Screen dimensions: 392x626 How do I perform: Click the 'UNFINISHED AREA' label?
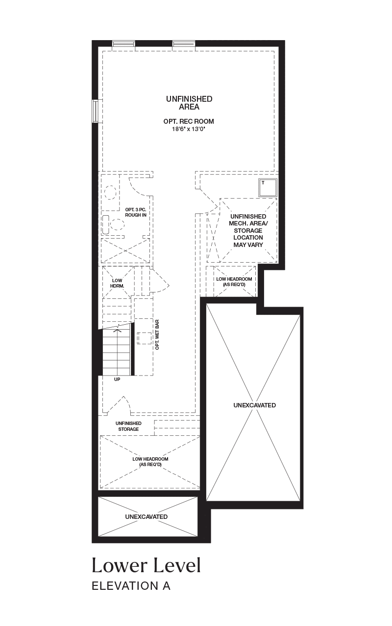[189, 103]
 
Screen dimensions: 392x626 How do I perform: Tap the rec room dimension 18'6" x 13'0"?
[189, 129]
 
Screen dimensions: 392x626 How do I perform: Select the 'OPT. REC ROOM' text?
[189, 121]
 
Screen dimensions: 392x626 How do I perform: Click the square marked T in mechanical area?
[268, 187]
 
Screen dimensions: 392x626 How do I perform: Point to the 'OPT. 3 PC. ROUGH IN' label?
[136, 212]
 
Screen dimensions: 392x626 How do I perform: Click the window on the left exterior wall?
[97, 111]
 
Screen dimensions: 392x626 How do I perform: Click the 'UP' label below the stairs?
[117, 379]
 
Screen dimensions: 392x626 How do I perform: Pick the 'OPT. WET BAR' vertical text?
[157, 335]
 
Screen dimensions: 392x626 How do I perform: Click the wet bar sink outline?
[145, 338]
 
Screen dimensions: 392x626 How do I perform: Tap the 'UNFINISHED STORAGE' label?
[128, 426]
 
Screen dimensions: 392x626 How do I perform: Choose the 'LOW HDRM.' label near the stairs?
[117, 283]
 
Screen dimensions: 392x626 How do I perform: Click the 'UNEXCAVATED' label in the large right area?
[254, 405]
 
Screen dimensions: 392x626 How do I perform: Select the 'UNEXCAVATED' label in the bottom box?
[147, 517]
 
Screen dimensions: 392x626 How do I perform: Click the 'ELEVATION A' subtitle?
[131, 586]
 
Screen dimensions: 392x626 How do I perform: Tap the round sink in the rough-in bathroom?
[110, 193]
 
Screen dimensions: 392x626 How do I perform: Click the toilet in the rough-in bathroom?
[113, 224]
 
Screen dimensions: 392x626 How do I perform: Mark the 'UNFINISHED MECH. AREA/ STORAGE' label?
[248, 224]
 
